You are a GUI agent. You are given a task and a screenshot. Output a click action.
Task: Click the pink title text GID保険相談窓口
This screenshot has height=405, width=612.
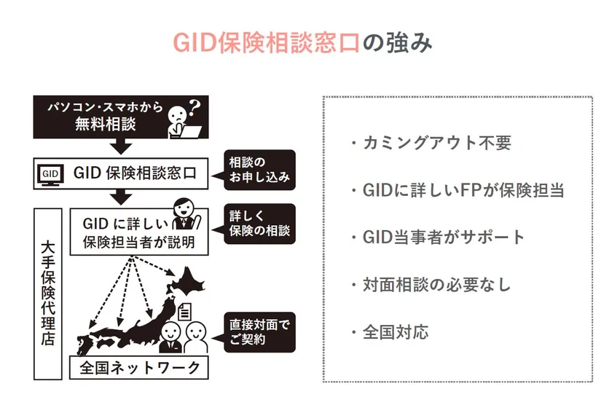click(266, 42)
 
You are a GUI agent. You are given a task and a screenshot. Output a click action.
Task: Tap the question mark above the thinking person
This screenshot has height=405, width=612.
click(195, 106)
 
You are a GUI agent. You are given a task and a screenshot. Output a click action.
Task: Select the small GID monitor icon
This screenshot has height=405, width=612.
click(50, 174)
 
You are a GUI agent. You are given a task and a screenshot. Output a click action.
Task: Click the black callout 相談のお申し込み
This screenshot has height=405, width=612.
click(259, 170)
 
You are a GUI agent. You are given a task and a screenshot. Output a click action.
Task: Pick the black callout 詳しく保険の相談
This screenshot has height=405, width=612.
click(259, 224)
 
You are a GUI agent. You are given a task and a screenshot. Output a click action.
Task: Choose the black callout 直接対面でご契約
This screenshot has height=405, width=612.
click(259, 332)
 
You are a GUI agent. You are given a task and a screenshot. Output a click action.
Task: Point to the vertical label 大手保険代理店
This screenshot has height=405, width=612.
click(48, 294)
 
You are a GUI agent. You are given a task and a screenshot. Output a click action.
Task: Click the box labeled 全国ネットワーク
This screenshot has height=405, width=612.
click(139, 368)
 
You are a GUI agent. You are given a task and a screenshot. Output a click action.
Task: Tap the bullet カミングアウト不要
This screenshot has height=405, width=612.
click(431, 143)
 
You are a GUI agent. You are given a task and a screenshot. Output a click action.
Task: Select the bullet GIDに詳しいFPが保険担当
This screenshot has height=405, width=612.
click(458, 190)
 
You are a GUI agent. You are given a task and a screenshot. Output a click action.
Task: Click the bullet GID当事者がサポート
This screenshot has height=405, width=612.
click(438, 237)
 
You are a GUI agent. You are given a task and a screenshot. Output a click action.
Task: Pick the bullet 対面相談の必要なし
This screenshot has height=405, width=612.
click(431, 285)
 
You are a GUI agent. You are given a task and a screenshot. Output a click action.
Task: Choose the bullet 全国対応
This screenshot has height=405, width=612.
click(390, 332)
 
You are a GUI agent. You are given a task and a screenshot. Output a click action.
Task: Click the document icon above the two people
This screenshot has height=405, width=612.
click(185, 311)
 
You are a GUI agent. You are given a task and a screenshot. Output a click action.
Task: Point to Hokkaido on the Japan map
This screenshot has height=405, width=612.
click(185, 282)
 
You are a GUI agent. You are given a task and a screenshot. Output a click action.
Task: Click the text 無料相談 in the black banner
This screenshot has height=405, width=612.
click(106, 125)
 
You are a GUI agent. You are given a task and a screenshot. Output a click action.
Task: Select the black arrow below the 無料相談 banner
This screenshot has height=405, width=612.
click(121, 146)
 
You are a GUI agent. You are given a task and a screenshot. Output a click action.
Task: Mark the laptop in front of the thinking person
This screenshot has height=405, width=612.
click(190, 132)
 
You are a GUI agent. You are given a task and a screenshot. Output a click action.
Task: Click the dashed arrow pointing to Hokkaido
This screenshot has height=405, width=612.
click(153, 266)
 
